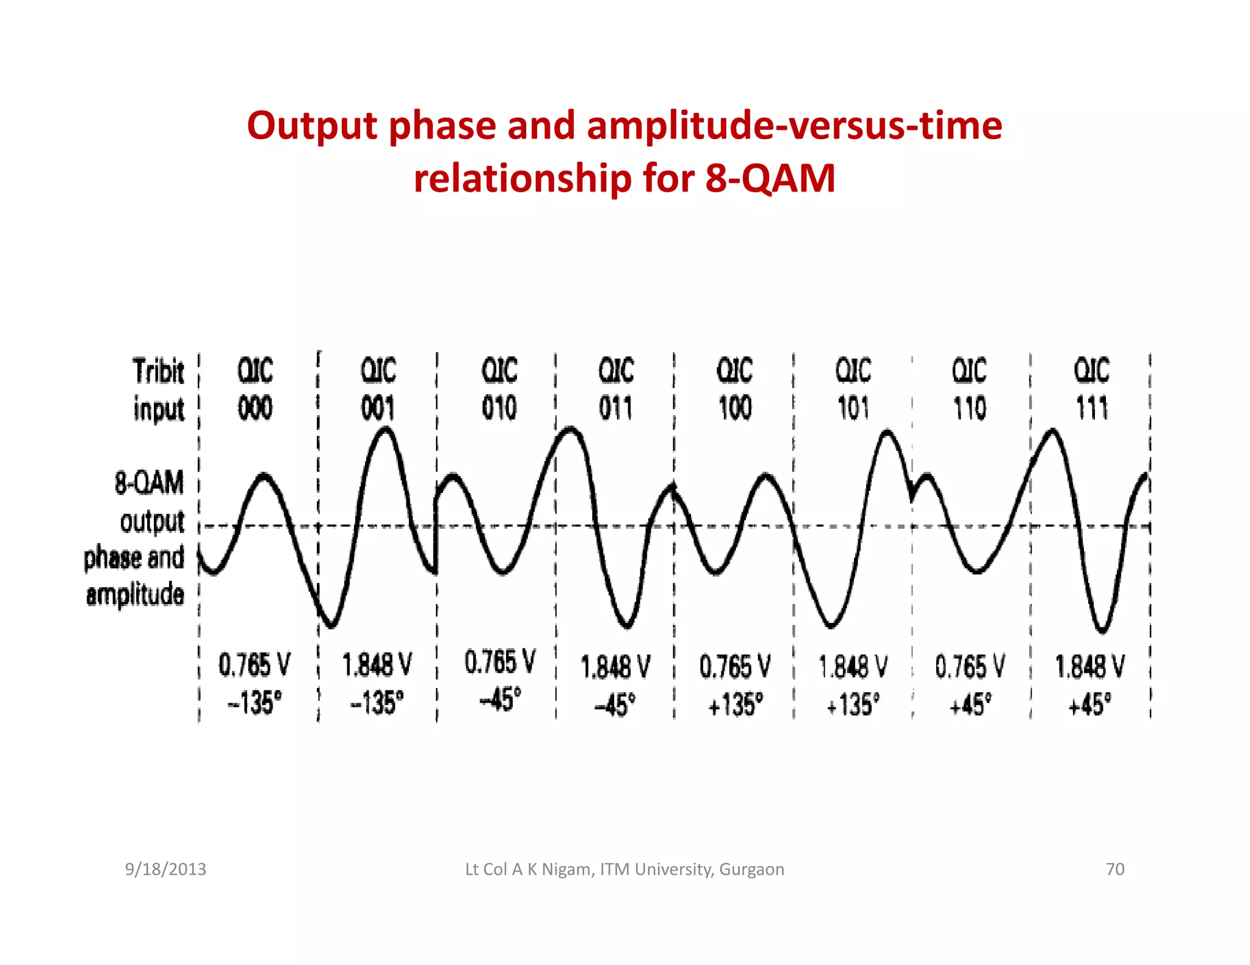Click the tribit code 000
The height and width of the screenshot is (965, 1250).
point(255,408)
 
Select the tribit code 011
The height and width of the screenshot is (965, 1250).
point(615,408)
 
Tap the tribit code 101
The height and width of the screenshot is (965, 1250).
point(853,408)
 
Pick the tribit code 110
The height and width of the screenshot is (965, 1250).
point(969,408)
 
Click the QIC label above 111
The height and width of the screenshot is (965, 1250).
point(1091,370)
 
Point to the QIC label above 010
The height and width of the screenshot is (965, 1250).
point(499,370)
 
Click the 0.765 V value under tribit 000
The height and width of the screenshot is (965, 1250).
point(255,665)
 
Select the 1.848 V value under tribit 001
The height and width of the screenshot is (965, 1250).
point(377,665)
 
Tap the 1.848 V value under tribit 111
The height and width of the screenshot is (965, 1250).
point(1089,666)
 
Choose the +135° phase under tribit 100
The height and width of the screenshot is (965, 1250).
point(735,705)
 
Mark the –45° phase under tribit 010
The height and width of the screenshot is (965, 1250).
point(500,699)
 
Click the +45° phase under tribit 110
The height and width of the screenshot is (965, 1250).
point(970,705)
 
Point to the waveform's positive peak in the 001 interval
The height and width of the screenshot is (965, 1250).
point(386,429)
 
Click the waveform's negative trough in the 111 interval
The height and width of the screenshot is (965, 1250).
point(1102,630)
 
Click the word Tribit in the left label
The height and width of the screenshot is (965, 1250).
point(158,371)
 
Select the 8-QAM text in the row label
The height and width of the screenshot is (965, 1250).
point(149,482)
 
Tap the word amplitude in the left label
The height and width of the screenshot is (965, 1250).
point(135,595)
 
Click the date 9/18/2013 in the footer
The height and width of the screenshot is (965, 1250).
point(165,869)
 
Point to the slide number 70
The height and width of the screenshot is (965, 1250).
point(1115,869)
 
